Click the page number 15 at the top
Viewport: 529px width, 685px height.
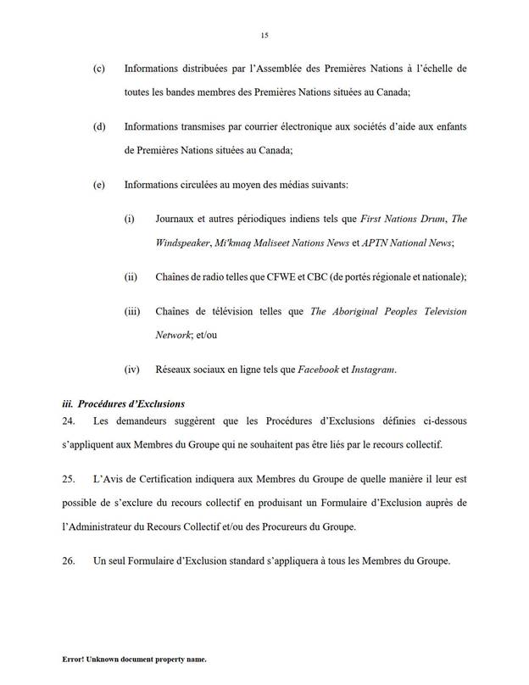point(264,36)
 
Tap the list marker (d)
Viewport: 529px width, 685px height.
point(99,126)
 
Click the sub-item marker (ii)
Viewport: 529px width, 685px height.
point(131,277)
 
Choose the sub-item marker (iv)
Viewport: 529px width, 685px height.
point(131,369)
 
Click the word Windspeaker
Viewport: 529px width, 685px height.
point(182,243)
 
